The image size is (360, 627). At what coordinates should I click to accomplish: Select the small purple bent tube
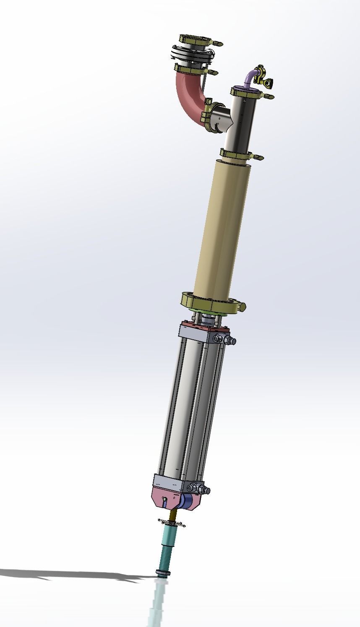tap(250, 78)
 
